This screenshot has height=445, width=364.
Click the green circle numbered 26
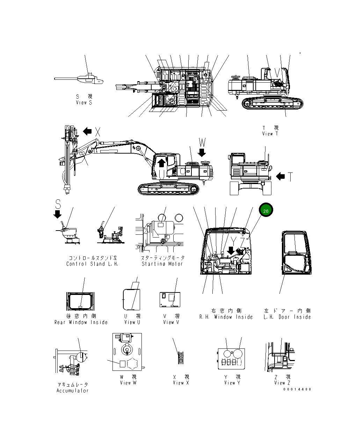[x=266, y=211]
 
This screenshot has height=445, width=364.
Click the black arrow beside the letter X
[x=87, y=132]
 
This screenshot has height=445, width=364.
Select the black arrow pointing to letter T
[x=281, y=177]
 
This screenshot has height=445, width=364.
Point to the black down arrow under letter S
[x=58, y=214]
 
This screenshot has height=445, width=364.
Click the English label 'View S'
[x=84, y=103]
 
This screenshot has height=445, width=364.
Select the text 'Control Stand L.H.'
[x=92, y=264]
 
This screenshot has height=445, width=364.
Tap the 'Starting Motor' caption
[x=162, y=264]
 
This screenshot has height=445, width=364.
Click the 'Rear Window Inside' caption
[x=81, y=322]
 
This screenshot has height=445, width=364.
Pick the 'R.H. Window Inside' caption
[x=226, y=317]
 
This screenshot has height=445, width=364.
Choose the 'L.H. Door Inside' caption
[x=287, y=317]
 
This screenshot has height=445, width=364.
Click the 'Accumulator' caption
[x=73, y=390]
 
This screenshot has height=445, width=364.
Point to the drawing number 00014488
[x=297, y=389]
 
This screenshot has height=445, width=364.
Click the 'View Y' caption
[x=232, y=383]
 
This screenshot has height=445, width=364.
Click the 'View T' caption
[x=270, y=134]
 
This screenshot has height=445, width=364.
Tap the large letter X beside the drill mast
[x=98, y=132]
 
